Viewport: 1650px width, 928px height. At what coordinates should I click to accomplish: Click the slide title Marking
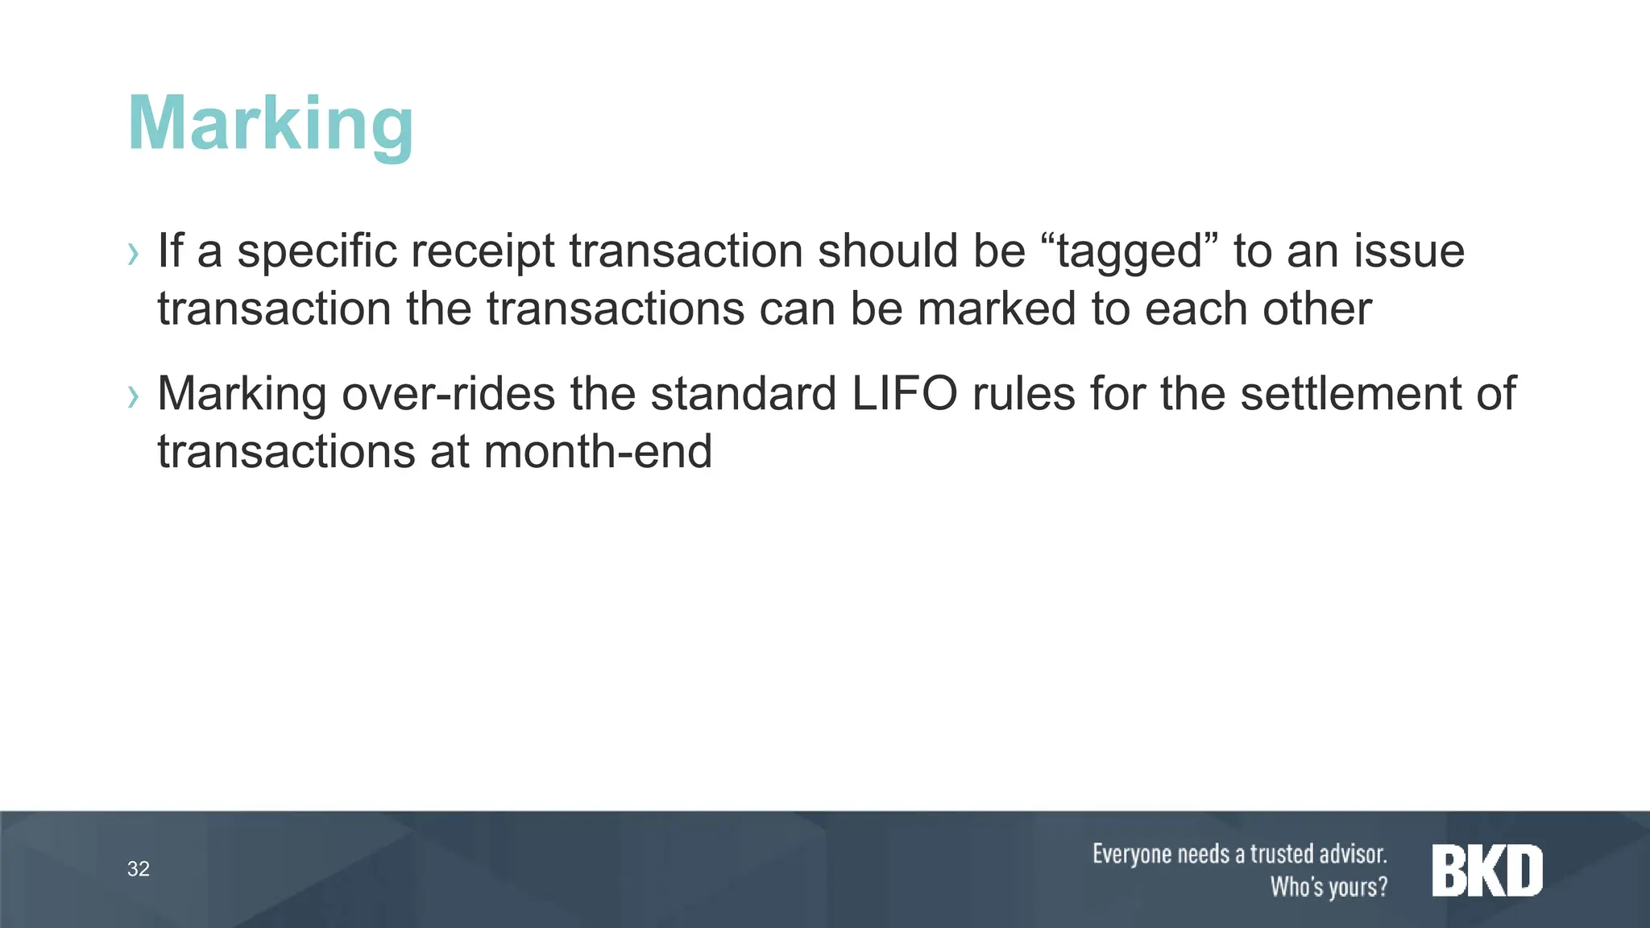click(x=271, y=124)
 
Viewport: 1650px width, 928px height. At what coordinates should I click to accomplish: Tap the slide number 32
click(x=139, y=869)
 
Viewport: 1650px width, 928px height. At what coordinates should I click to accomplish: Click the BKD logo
click(x=1486, y=870)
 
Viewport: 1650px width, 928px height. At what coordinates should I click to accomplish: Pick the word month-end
click(x=598, y=451)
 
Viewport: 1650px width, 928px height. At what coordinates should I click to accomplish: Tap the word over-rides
click(x=449, y=394)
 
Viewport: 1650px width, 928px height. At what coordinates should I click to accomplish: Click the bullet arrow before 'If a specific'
click(x=134, y=255)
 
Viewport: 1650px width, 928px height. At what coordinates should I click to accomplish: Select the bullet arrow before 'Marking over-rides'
click(x=134, y=396)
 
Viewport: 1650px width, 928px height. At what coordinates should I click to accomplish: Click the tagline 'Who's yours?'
click(x=1329, y=887)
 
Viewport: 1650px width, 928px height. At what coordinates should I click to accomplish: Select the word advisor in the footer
click(x=1349, y=854)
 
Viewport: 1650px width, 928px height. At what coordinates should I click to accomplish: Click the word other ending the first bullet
click(x=1317, y=309)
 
